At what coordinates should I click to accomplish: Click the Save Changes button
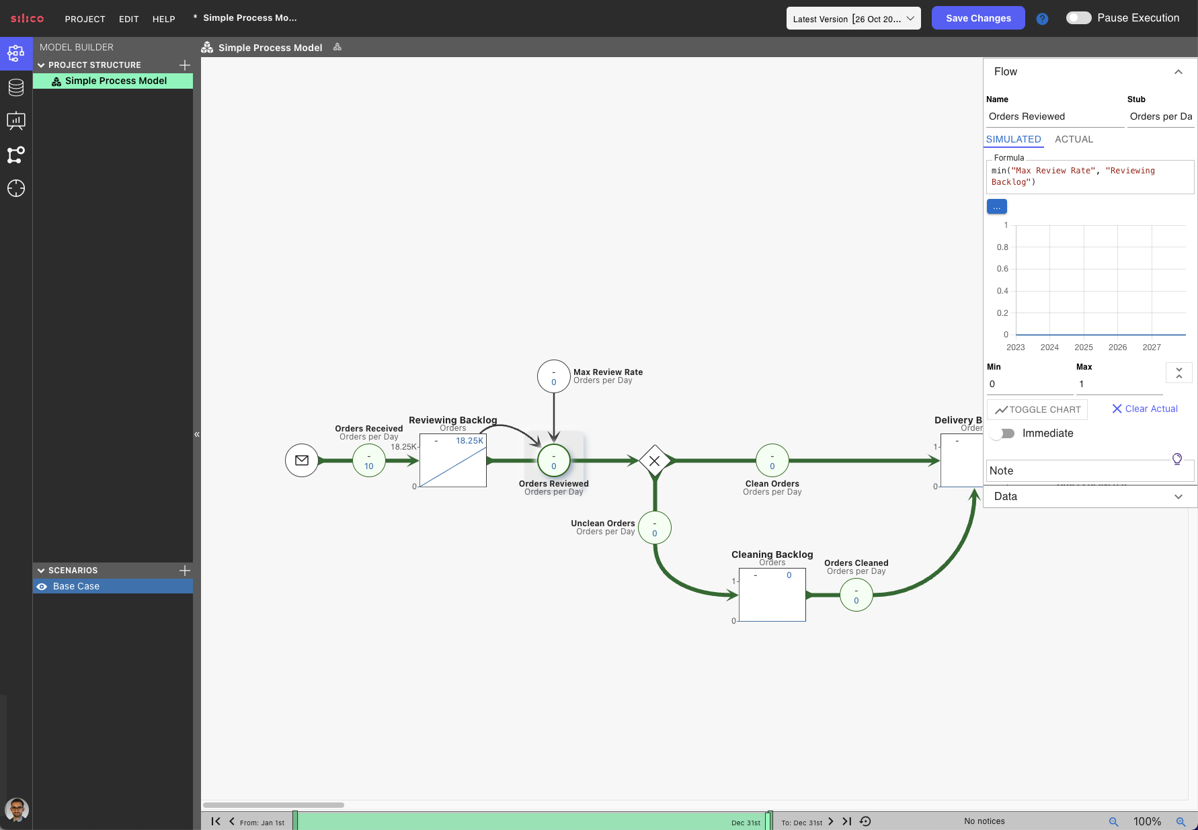tap(978, 18)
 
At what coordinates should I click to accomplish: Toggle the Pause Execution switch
tap(1078, 18)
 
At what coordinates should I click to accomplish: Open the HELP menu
tap(163, 19)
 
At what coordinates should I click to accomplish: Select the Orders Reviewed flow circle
tap(554, 460)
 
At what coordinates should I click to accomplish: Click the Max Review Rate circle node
tap(554, 376)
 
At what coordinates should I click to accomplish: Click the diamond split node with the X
tap(655, 460)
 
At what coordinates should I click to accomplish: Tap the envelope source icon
tap(302, 460)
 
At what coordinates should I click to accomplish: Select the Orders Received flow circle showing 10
tap(369, 460)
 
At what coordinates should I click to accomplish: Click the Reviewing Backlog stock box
tap(453, 460)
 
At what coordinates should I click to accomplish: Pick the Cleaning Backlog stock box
tap(772, 595)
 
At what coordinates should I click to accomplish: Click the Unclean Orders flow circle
tap(655, 528)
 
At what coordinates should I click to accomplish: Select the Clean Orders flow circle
tap(772, 460)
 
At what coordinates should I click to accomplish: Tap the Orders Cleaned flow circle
tap(856, 595)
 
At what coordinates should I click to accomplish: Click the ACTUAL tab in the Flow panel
tap(1074, 139)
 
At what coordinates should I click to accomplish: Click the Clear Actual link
tap(1145, 409)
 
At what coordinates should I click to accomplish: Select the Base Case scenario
tap(76, 586)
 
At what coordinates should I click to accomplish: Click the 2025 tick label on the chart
tap(1084, 347)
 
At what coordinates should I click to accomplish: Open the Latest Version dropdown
tap(854, 19)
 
